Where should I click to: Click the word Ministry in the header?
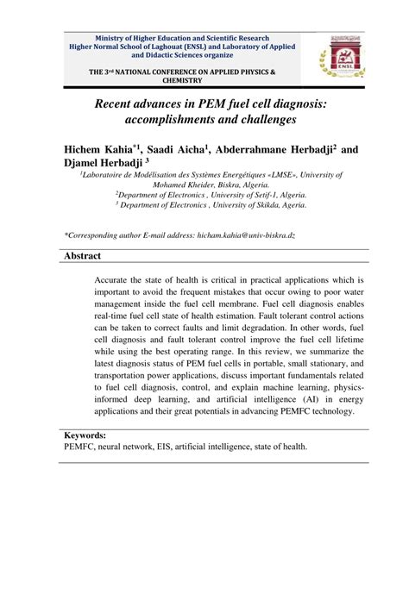click(114, 39)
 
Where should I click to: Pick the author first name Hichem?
click(84, 148)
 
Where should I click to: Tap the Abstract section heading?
click(83, 256)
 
